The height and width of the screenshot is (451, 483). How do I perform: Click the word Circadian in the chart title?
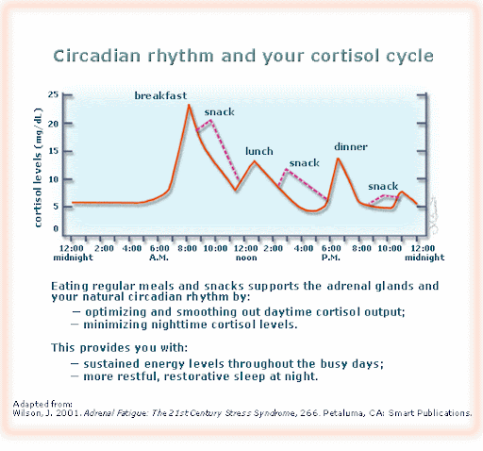coord(97,56)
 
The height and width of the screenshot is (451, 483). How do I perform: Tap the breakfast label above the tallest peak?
coord(160,95)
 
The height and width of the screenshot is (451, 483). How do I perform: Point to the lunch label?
coord(259,151)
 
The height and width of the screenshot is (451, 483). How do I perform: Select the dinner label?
coord(351,146)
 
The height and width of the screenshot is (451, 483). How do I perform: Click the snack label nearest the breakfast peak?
coord(219,112)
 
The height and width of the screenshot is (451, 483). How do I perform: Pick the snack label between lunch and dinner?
coord(305,163)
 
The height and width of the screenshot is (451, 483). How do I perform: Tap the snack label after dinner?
coord(383,186)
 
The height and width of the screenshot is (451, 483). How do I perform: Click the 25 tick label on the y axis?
coord(53,94)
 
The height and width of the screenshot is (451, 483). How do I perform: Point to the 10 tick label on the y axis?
coord(53,179)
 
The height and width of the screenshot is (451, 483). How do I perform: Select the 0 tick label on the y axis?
coord(56,228)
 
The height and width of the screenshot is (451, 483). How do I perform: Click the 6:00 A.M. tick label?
coord(159,253)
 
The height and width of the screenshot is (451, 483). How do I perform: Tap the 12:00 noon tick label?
coord(246,253)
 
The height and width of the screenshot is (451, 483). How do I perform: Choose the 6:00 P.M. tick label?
coord(331,253)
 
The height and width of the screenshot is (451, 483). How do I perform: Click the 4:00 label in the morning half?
coord(132,248)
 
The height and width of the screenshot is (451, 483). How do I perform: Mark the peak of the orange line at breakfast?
coord(189,105)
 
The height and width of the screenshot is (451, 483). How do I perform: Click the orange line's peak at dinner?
coord(338,159)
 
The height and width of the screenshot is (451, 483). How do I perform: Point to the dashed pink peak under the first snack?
coord(211,120)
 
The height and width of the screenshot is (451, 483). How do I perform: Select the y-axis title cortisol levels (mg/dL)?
coord(38,167)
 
